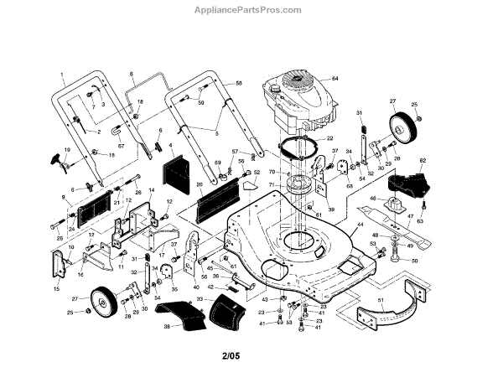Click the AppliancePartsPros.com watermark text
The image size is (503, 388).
(251, 11)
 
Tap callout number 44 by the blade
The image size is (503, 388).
(360, 226)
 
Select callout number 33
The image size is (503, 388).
(200, 299)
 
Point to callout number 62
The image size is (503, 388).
(423, 159)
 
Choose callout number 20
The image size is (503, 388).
(200, 184)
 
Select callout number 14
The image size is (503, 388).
(151, 191)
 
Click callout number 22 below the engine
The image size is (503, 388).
(329, 138)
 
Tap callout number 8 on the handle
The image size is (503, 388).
(132, 75)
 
